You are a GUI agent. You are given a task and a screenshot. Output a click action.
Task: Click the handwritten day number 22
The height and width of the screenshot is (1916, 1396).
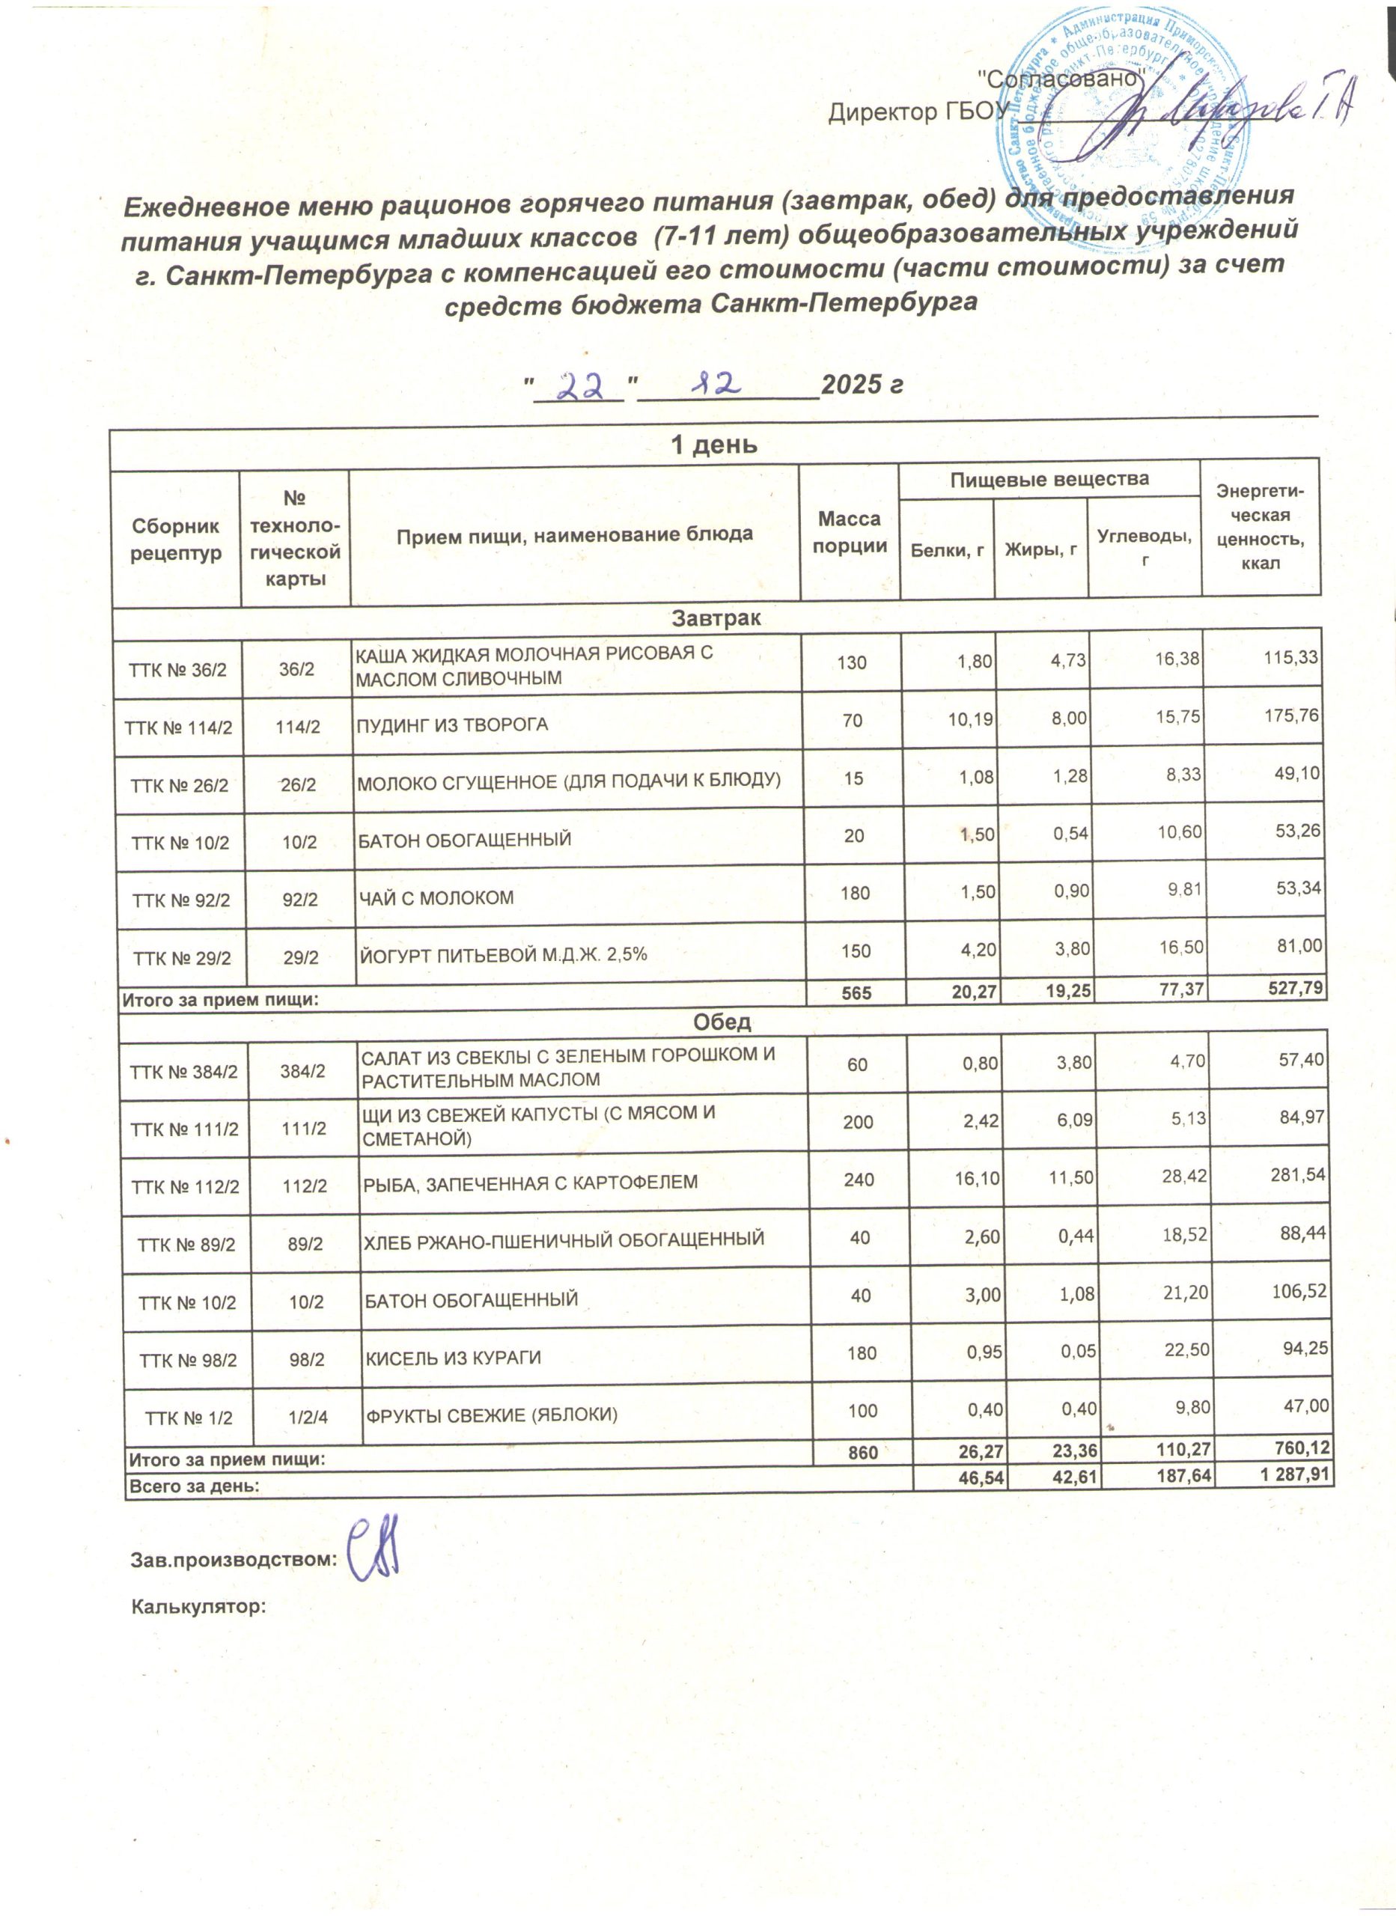[582, 387]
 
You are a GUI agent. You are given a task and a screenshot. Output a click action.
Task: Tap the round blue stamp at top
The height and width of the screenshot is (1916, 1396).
[1124, 114]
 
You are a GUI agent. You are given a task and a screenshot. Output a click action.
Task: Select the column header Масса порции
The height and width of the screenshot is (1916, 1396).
[850, 532]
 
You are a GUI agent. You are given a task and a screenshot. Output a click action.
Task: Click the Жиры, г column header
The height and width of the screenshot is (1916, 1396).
[1040, 550]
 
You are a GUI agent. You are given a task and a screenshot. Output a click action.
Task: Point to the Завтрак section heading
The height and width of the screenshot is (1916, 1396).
[716, 617]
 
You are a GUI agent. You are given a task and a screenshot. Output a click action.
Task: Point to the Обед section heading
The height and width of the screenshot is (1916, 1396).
[722, 1022]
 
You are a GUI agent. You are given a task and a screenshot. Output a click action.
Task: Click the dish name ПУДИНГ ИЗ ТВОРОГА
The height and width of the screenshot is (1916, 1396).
[451, 724]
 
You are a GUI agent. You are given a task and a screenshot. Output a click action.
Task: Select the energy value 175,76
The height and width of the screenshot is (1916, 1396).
[1291, 715]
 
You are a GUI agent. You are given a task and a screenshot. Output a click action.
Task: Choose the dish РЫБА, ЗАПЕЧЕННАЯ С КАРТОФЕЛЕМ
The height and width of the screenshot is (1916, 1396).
[530, 1182]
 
